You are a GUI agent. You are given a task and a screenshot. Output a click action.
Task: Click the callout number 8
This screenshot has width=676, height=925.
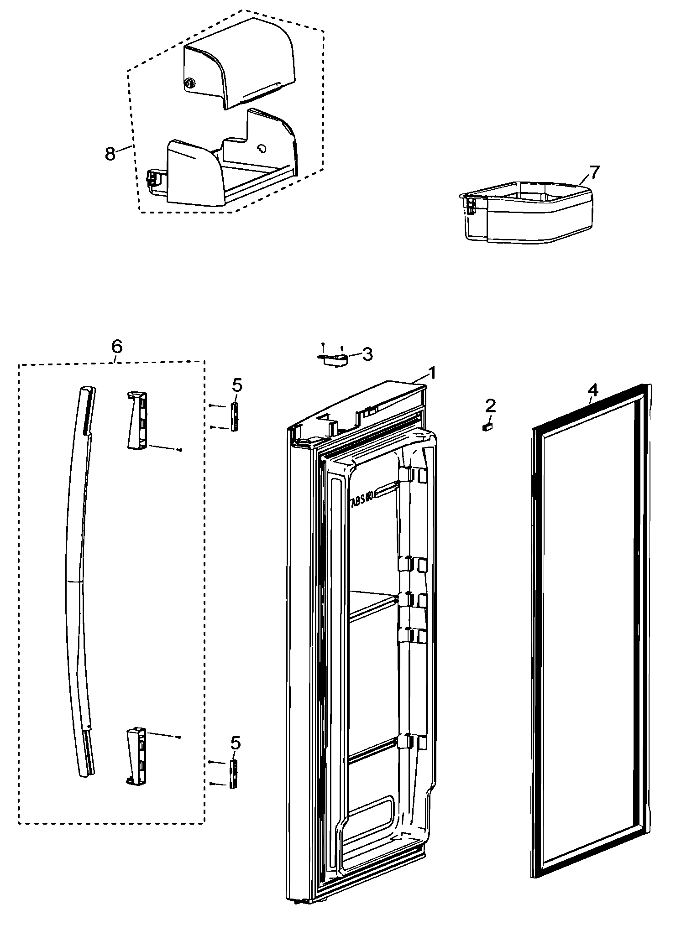pyautogui.click(x=110, y=153)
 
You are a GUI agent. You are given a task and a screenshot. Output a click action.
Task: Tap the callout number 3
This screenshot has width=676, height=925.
pyautogui.click(x=367, y=353)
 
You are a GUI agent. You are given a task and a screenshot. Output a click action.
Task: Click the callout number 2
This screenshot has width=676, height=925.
pyautogui.click(x=490, y=405)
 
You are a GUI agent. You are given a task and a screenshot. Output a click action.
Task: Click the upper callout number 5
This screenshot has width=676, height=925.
pyautogui.click(x=237, y=385)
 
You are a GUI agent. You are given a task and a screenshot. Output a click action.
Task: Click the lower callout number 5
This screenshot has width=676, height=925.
pyautogui.click(x=236, y=743)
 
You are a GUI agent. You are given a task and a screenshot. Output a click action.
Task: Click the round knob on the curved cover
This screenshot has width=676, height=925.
pyautogui.click(x=189, y=83)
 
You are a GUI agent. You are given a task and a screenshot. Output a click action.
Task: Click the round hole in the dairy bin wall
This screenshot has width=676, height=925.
pyautogui.click(x=262, y=149)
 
